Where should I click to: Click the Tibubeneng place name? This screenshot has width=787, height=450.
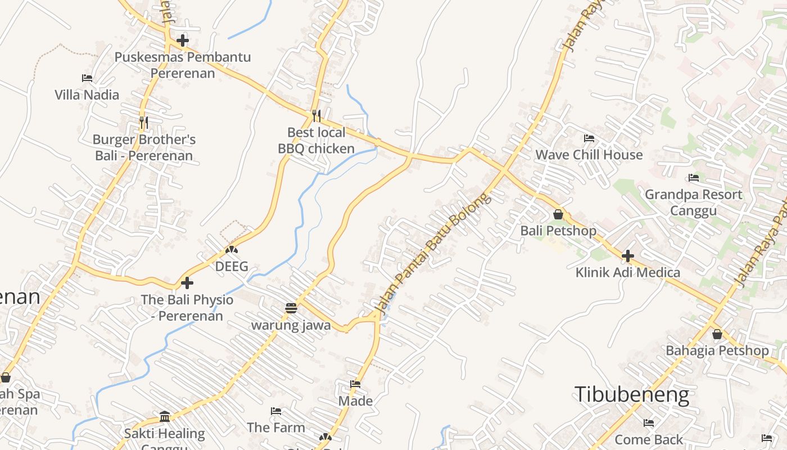point(631,395)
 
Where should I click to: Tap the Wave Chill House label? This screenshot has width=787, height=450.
point(589,155)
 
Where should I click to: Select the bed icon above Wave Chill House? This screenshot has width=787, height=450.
point(589,138)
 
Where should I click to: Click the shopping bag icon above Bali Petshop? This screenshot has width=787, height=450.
point(558,214)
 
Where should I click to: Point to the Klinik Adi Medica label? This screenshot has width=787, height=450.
point(627,273)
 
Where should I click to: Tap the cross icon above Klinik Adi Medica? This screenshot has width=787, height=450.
point(627,256)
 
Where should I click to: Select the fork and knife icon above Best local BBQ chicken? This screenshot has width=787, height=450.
point(316,116)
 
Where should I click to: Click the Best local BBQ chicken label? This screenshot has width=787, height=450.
point(316,141)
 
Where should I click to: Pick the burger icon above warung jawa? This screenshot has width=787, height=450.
point(291,308)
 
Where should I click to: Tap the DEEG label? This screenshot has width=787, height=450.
point(232,267)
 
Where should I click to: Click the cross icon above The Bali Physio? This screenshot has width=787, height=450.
point(187,282)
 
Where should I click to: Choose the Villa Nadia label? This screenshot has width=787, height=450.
point(87,94)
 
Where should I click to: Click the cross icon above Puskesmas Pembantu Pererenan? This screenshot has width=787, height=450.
point(183,40)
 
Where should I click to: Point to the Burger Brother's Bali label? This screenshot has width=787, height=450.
point(144,147)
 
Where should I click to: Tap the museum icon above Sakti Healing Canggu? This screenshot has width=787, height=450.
point(165,416)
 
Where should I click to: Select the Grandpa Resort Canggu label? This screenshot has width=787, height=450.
point(693,202)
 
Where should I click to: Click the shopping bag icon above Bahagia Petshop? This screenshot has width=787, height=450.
point(717,334)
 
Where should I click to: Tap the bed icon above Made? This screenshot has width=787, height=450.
point(355,384)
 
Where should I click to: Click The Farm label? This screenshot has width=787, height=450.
point(276,427)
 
